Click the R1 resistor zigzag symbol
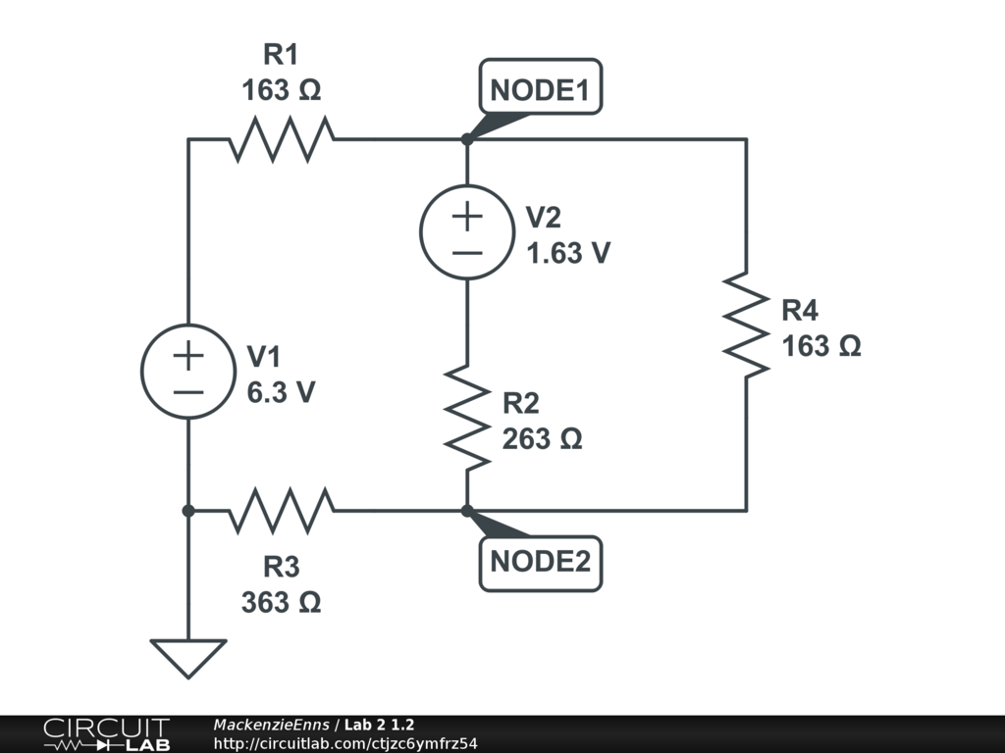click(x=281, y=139)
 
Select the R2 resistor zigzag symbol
click(x=467, y=417)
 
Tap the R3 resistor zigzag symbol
click(x=281, y=510)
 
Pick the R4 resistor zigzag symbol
click(x=746, y=325)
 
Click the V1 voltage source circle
click(x=187, y=372)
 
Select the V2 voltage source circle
click(x=467, y=232)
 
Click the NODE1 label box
click(x=540, y=90)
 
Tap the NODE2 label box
click(x=540, y=563)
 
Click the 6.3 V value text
click(x=281, y=392)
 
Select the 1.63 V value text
click(x=568, y=253)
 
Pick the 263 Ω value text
click(x=543, y=439)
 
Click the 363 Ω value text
click(x=281, y=601)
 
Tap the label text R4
click(x=800, y=312)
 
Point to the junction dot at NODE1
click(x=467, y=139)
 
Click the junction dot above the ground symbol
click(x=187, y=510)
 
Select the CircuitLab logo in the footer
click(x=105, y=734)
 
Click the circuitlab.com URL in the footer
click(x=345, y=743)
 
